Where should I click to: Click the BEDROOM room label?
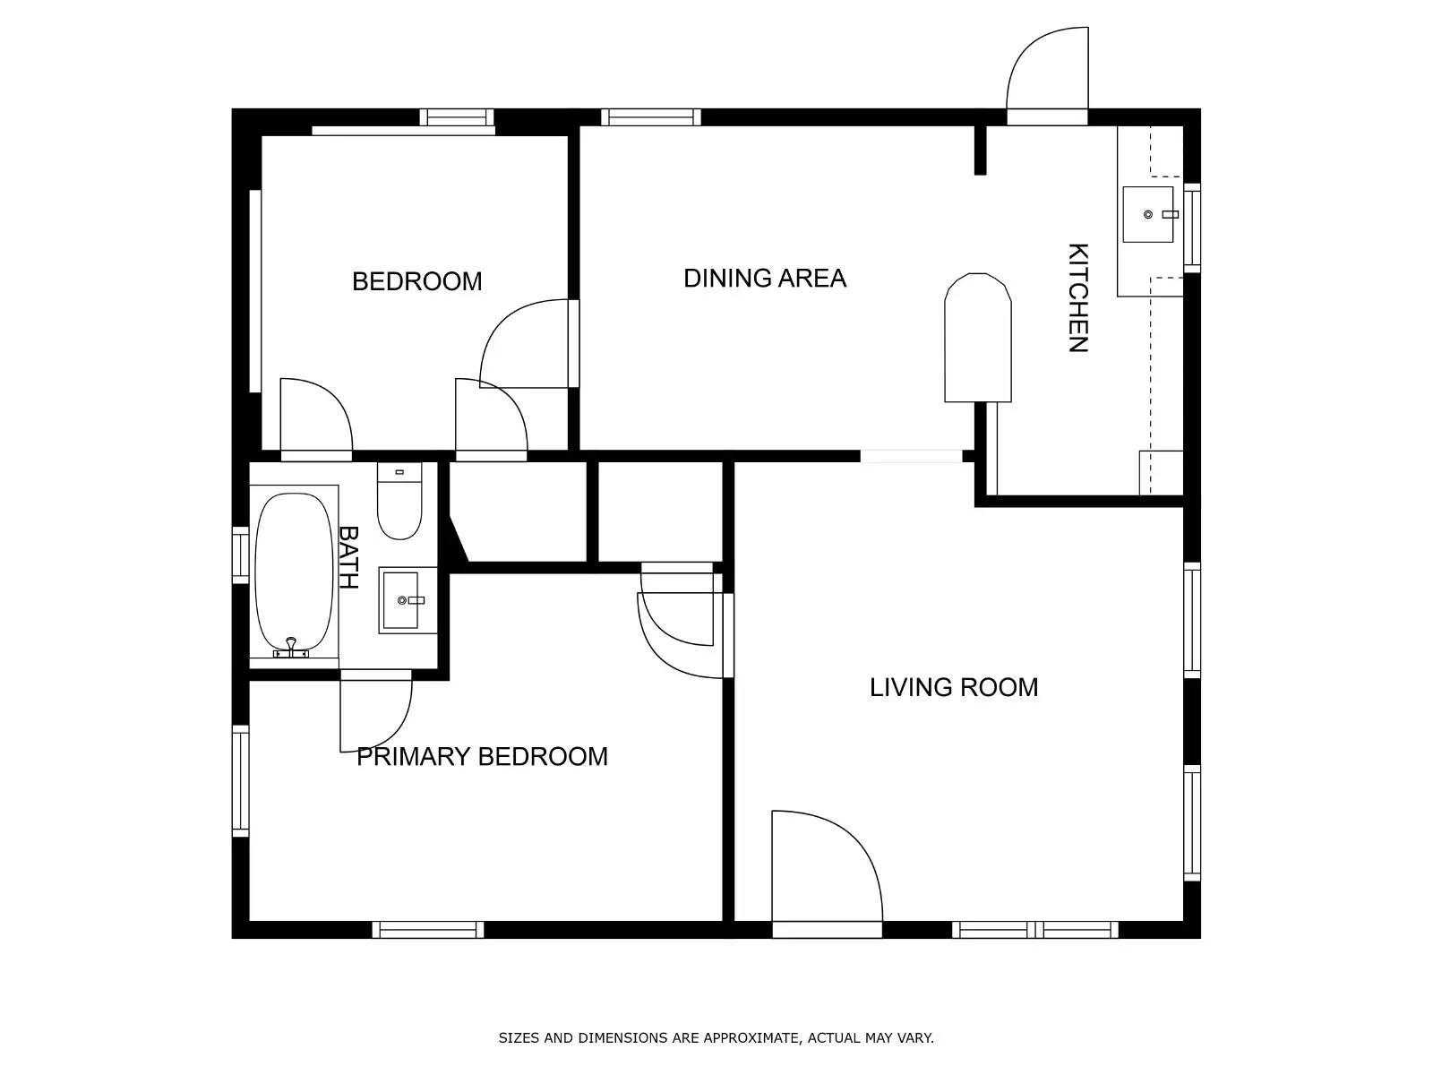pyautogui.click(x=416, y=281)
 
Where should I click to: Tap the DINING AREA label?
pyautogui.click(x=765, y=278)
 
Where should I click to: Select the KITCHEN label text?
pyautogui.click(x=1077, y=297)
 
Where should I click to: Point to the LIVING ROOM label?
pyautogui.click(x=953, y=687)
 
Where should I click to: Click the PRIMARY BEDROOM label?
pyautogui.click(x=482, y=756)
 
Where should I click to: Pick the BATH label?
pyautogui.click(x=348, y=557)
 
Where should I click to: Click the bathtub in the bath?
pyautogui.click(x=294, y=572)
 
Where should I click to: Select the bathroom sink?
pyautogui.click(x=408, y=600)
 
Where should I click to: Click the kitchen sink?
pyautogui.click(x=1148, y=215)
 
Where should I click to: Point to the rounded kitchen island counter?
pyautogui.click(x=977, y=338)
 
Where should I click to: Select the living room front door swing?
pyautogui.click(x=827, y=865)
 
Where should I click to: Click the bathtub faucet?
pyautogui.click(x=291, y=647)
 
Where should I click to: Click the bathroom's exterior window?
pyautogui.click(x=241, y=555)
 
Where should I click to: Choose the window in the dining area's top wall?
pyautogui.click(x=650, y=117)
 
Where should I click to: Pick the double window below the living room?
pyautogui.click(x=1034, y=930)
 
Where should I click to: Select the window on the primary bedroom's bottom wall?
pyautogui.click(x=428, y=930)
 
